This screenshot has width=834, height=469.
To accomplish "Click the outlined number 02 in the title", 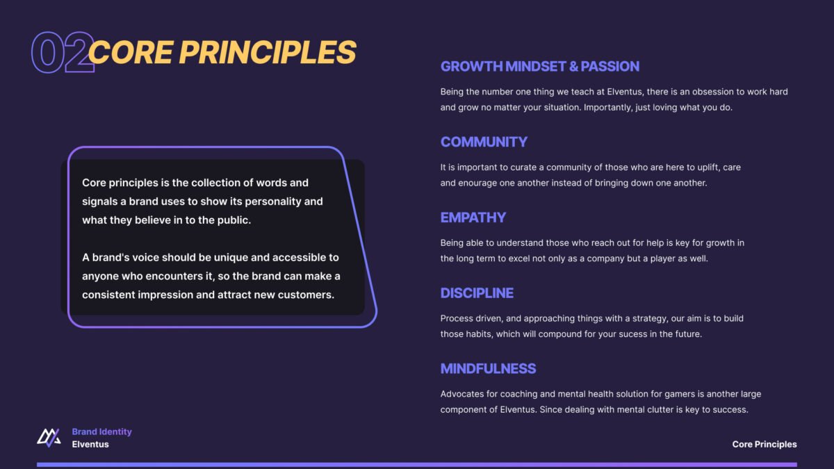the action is pyautogui.click(x=63, y=52).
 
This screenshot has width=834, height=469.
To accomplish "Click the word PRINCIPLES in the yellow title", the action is pyautogui.click(x=268, y=52).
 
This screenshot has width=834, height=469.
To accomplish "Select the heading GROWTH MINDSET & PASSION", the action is pyautogui.click(x=540, y=67).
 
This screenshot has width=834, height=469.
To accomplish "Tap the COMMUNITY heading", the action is pyautogui.click(x=484, y=142).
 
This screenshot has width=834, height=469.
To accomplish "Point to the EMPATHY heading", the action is pyautogui.click(x=473, y=217).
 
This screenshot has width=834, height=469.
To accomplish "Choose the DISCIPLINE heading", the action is pyautogui.click(x=477, y=293).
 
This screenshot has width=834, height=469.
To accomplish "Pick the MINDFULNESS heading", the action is pyautogui.click(x=488, y=369).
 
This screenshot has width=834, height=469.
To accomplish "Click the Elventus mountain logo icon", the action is pyautogui.click(x=49, y=438).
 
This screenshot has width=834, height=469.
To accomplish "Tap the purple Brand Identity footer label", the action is pyautogui.click(x=101, y=431).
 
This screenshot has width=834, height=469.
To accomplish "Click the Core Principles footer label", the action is pyautogui.click(x=764, y=445).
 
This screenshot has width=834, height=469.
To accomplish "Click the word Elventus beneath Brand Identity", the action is pyautogui.click(x=90, y=445).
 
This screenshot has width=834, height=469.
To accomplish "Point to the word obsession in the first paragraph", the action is pyautogui.click(x=712, y=92).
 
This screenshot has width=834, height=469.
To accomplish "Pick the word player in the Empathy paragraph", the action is pyautogui.click(x=664, y=258).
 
